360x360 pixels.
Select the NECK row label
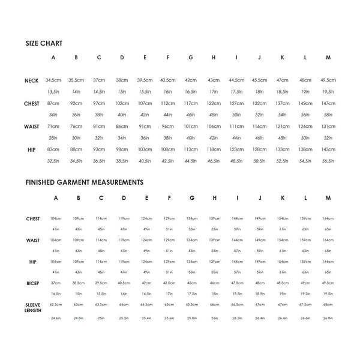click(x=32, y=80)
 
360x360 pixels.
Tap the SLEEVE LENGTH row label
click(x=33, y=308)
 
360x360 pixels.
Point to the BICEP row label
click(x=33, y=283)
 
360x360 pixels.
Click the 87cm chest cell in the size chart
click(x=53, y=103)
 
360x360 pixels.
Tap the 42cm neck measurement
click(x=191, y=80)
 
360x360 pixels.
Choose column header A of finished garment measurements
click(x=56, y=198)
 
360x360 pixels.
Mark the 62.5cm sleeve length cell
click(x=56, y=305)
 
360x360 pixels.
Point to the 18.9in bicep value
click(x=260, y=294)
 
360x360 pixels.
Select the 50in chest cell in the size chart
click(x=236, y=115)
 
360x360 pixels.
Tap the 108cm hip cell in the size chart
click(x=168, y=149)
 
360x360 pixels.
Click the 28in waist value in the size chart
click(x=53, y=137)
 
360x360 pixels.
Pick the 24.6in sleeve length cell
click(x=56, y=318)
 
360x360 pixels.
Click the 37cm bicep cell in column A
click(x=56, y=283)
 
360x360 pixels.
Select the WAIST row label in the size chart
click(x=32, y=126)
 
